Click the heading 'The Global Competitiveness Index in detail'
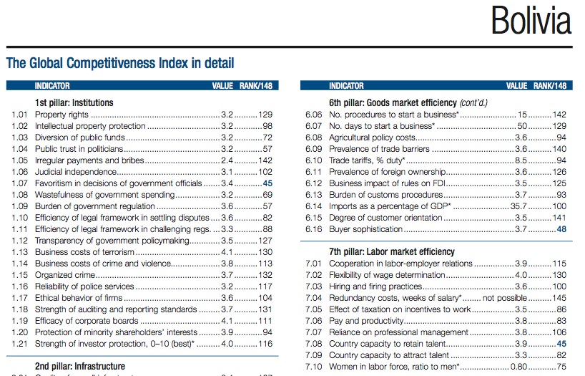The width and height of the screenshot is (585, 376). (119, 63)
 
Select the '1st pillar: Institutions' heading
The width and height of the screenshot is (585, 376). (74, 102)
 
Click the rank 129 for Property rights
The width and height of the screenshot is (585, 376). (265, 115)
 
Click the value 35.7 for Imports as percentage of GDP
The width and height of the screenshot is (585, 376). (518, 206)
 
